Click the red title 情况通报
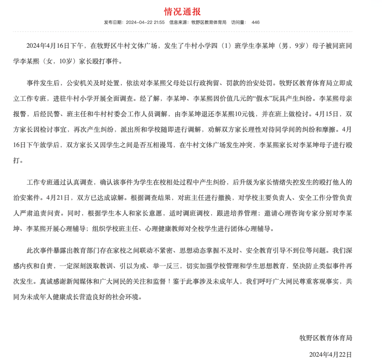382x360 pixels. pyautogui.click(x=183, y=11)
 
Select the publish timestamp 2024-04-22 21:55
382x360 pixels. pyautogui.click(x=146, y=22)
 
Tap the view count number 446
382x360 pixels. pyautogui.click(x=255, y=22)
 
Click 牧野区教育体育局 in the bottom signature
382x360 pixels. pyautogui.click(x=326, y=338)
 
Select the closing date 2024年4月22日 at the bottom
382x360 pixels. pyautogui.click(x=331, y=354)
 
